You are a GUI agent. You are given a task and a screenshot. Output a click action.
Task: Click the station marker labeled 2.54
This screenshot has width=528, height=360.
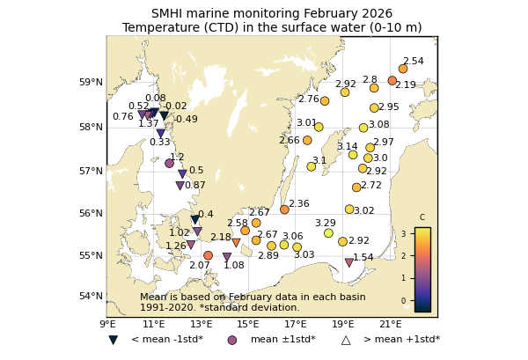coord(403,69)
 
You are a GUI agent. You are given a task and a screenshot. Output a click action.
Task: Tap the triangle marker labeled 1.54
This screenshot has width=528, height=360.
coord(349,262)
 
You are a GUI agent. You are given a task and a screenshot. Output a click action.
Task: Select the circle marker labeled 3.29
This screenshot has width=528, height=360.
coord(328,233)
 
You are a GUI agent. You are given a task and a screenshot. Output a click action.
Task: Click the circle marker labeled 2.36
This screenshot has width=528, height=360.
coord(284,209)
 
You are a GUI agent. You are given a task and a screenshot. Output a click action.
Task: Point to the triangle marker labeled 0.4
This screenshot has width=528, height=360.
coord(195,220)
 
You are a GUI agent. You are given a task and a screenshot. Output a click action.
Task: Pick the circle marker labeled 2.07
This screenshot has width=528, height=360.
coord(208,255)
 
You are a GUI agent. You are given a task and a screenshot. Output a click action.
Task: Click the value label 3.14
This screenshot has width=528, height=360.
coord(347,147)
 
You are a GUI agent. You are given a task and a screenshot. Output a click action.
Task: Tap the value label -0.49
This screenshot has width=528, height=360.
coord(186,120)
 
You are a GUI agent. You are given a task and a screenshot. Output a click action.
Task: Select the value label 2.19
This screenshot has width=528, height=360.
coord(405,85)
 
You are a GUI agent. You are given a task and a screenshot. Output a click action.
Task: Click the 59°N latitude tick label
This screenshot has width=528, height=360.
coord(92,83)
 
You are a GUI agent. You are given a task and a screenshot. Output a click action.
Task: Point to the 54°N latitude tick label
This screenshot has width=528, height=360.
coord(92,296)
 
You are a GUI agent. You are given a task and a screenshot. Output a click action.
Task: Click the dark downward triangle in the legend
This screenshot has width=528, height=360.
coord(114,340)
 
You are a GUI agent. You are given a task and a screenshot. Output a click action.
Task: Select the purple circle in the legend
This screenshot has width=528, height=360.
coord(232,340)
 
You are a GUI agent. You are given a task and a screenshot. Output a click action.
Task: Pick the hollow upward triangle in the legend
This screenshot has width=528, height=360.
coord(346,340)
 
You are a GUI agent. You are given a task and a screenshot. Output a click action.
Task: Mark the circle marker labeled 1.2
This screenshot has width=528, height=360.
coord(170,163)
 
